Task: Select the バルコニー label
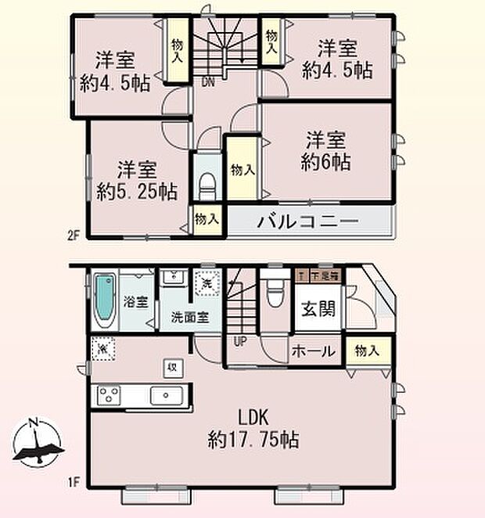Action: (x=307, y=221)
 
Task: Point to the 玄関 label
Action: (x=319, y=308)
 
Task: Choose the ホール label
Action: (x=314, y=351)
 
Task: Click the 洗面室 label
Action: (x=189, y=318)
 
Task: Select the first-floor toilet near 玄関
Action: (x=274, y=294)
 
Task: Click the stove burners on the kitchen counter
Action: (x=108, y=395)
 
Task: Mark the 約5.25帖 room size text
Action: (x=137, y=192)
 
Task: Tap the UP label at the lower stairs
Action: (x=239, y=341)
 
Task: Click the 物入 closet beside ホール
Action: (x=368, y=352)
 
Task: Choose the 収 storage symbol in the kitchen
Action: (x=171, y=366)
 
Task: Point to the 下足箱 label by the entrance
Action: (x=324, y=275)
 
